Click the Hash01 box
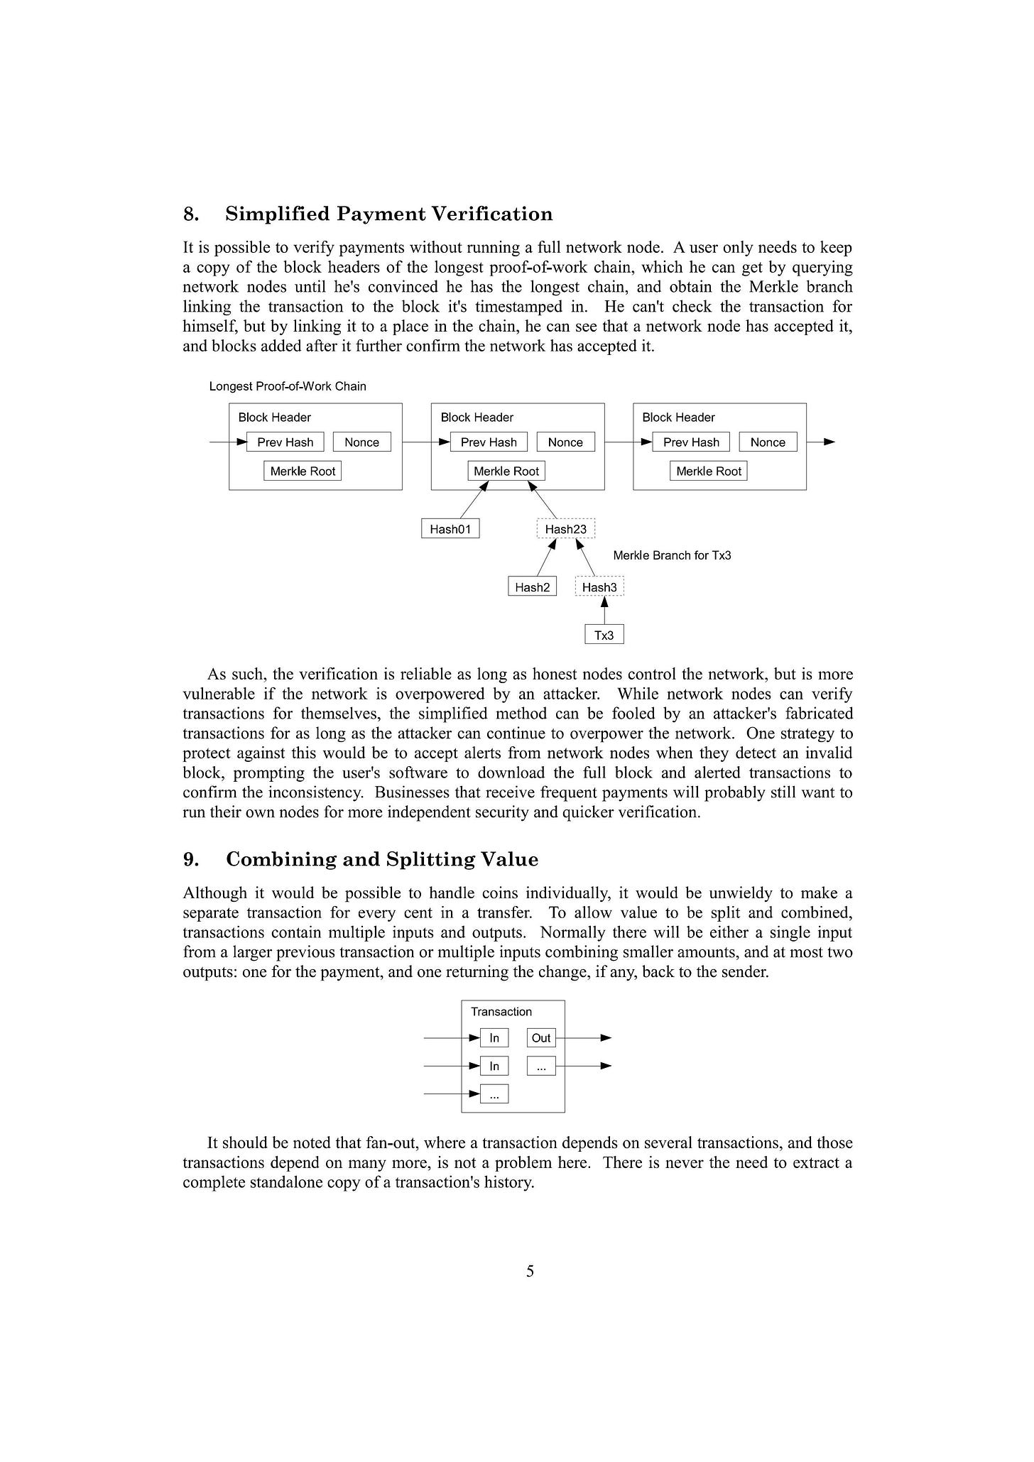coord(450,529)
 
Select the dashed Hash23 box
coord(565,529)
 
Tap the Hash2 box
coord(532,587)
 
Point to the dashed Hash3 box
coord(599,587)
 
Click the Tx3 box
coord(604,635)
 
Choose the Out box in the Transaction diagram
coord(541,1038)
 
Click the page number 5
coord(530,1271)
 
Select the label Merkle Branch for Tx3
coord(672,555)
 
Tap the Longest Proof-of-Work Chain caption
coord(288,386)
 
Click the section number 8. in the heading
coord(190,214)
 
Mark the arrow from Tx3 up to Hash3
coord(604,611)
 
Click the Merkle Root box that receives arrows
coord(506,471)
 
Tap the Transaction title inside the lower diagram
coord(501,1012)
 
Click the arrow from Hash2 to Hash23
coord(545,557)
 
